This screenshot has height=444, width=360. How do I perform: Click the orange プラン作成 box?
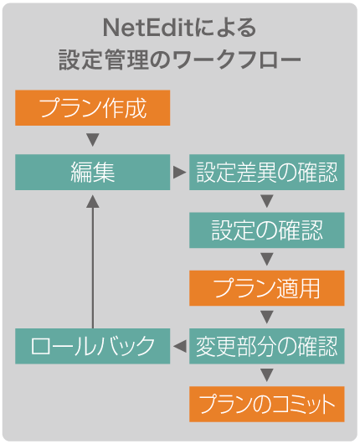pos(93,107)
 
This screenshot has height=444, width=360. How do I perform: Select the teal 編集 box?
pos(93,172)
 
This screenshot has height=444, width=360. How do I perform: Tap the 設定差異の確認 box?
pos(266,172)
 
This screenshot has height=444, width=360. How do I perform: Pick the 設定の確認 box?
pos(266,230)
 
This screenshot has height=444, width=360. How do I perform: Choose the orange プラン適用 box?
pos(266,288)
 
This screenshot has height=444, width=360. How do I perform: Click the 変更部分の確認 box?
pos(266,346)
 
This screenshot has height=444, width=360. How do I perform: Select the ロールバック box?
pos(93,346)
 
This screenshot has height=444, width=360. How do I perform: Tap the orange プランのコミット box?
pos(266,404)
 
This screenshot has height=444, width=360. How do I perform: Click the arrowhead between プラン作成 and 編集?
pos(93,140)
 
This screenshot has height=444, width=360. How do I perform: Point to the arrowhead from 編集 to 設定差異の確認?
pos(179,173)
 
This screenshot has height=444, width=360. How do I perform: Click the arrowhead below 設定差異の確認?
pos(266,201)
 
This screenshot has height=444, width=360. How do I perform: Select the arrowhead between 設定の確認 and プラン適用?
pos(266,259)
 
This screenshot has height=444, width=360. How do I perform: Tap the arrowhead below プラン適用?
pos(266,317)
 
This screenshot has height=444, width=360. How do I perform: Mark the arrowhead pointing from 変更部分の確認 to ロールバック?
pos(180,346)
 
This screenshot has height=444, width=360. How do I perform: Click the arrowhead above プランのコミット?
pos(266,375)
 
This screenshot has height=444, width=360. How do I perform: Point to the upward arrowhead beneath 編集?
pos(93,201)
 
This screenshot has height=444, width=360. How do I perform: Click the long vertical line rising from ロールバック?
pos(93,268)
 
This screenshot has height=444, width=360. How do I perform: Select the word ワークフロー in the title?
pos(237,59)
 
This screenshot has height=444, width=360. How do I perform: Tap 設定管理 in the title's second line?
pos(104,59)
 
